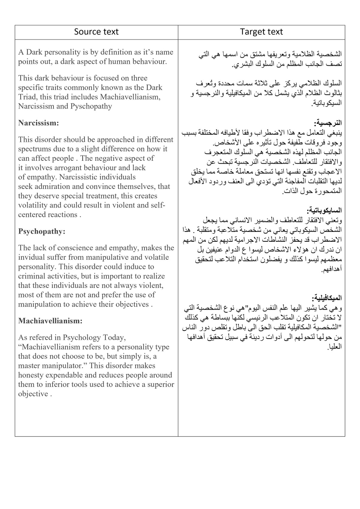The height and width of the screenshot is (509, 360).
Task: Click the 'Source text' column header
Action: click(x=96, y=32)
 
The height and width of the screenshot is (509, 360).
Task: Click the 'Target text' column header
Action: click(x=261, y=32)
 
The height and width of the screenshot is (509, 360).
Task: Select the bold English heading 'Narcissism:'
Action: click(x=38, y=123)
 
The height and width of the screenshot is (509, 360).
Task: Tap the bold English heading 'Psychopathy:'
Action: click(x=42, y=232)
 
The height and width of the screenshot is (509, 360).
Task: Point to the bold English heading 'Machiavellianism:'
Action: click(x=50, y=321)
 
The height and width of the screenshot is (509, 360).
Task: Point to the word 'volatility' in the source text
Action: click(x=33, y=205)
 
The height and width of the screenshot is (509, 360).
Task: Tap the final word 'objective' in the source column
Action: click(x=33, y=394)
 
